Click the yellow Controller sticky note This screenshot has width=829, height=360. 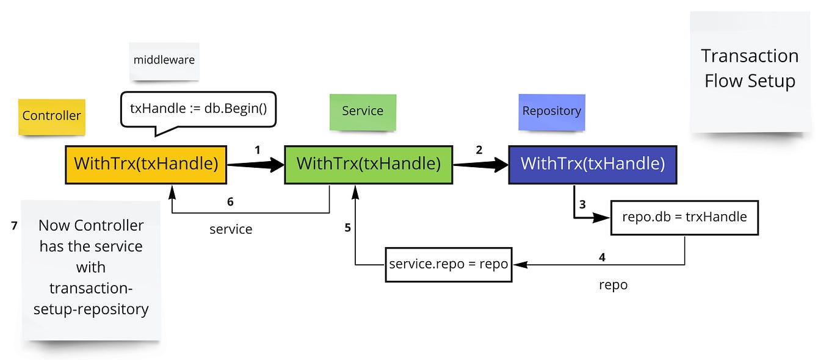tap(51, 116)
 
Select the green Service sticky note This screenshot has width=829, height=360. tap(363, 111)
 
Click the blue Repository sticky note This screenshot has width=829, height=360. tap(551, 111)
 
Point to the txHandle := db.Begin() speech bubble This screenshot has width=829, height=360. tap(198, 109)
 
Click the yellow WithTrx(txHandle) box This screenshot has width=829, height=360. tap(146, 164)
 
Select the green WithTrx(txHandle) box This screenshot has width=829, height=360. tap(368, 164)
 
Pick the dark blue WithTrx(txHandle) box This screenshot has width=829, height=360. tap(592, 164)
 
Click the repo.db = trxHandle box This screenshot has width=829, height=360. tap(684, 217)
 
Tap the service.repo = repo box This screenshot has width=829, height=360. tap(448, 265)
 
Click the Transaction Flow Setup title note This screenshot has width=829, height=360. tap(750, 68)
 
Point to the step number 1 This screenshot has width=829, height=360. tap(258, 149)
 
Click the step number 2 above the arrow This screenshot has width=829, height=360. tap(479, 149)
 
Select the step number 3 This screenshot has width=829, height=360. tap(582, 204)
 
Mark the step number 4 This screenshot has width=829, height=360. tap(602, 257)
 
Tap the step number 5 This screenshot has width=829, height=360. tap(347, 228)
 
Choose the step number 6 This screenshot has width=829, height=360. tap(230, 202)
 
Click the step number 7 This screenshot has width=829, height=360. tap(14, 226)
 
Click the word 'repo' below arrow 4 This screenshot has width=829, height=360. tap(613, 285)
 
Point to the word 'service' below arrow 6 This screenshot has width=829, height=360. tap(231, 229)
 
